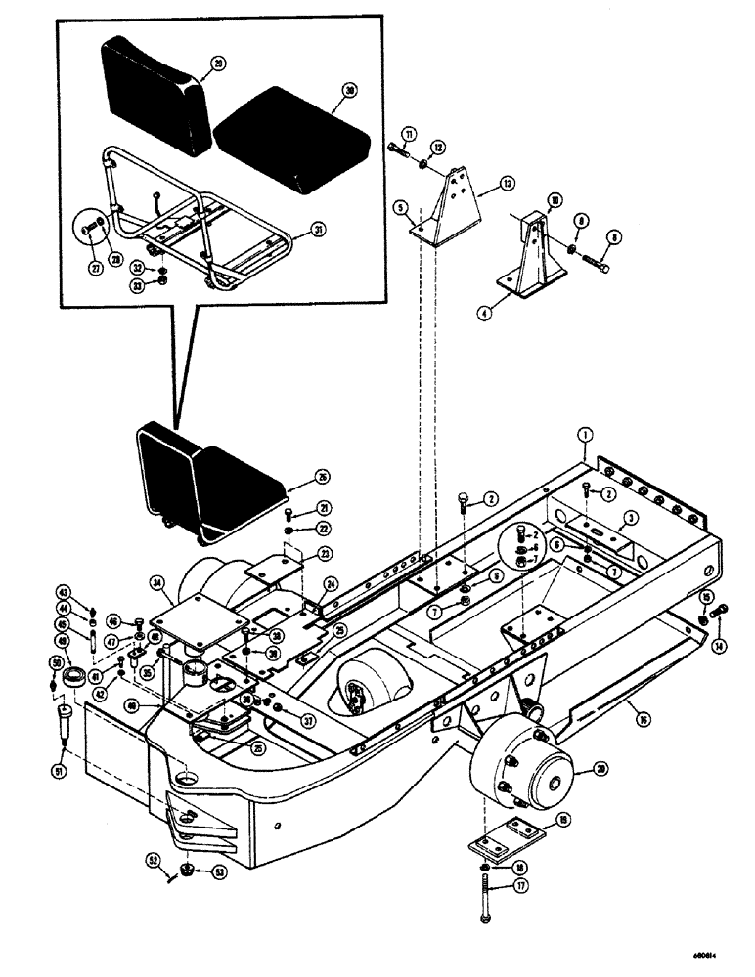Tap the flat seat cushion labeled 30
pyautogui.click(x=291, y=136)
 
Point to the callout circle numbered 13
pyautogui.click(x=507, y=183)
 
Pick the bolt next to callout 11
pyautogui.click(x=400, y=149)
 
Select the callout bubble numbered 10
pyautogui.click(x=554, y=201)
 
